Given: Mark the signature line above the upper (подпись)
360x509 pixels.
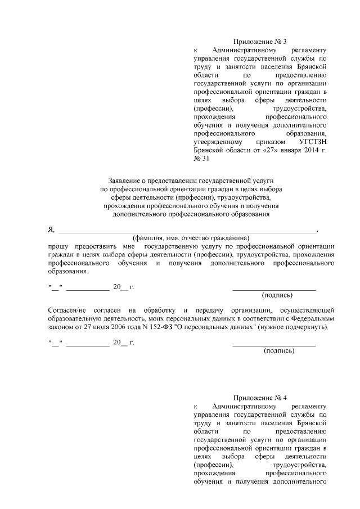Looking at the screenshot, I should coord(274,288).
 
